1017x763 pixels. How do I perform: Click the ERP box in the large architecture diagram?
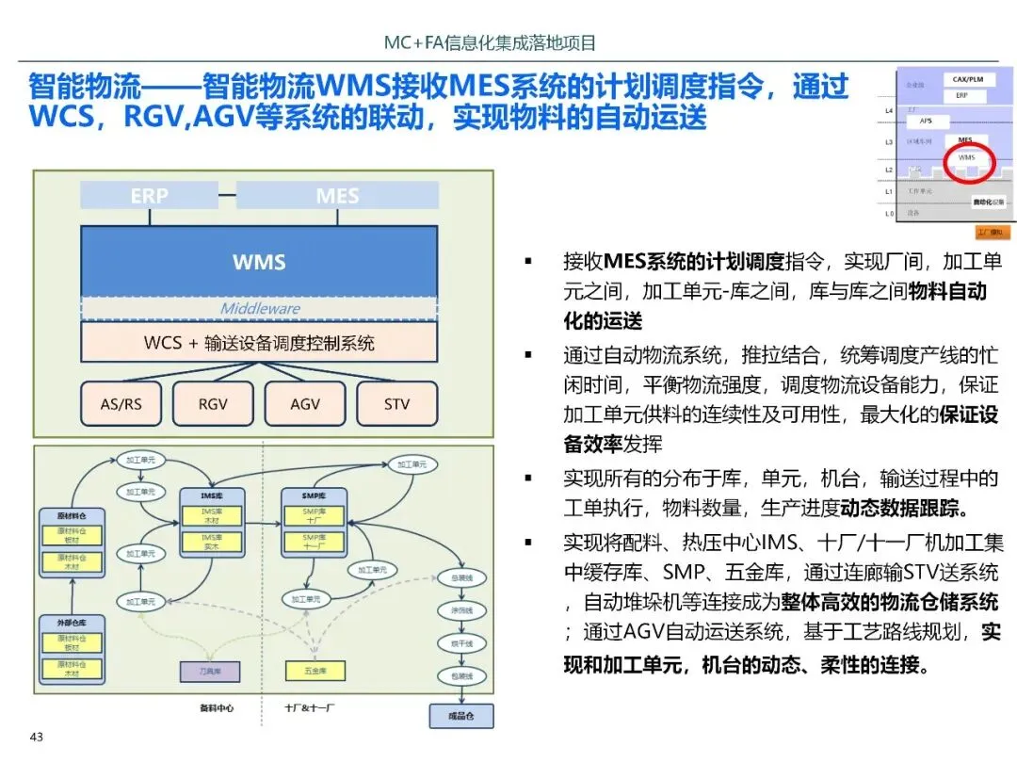149,195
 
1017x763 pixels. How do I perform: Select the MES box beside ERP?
337,195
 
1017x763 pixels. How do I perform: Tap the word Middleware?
260,308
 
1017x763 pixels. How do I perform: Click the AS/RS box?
121,404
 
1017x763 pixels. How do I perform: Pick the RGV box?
213,404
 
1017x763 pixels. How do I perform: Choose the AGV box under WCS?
305,404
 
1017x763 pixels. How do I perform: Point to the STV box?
396,404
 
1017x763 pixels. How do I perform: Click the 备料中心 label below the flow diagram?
216,706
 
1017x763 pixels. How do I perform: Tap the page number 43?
38,738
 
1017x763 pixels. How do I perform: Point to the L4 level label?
889,111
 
